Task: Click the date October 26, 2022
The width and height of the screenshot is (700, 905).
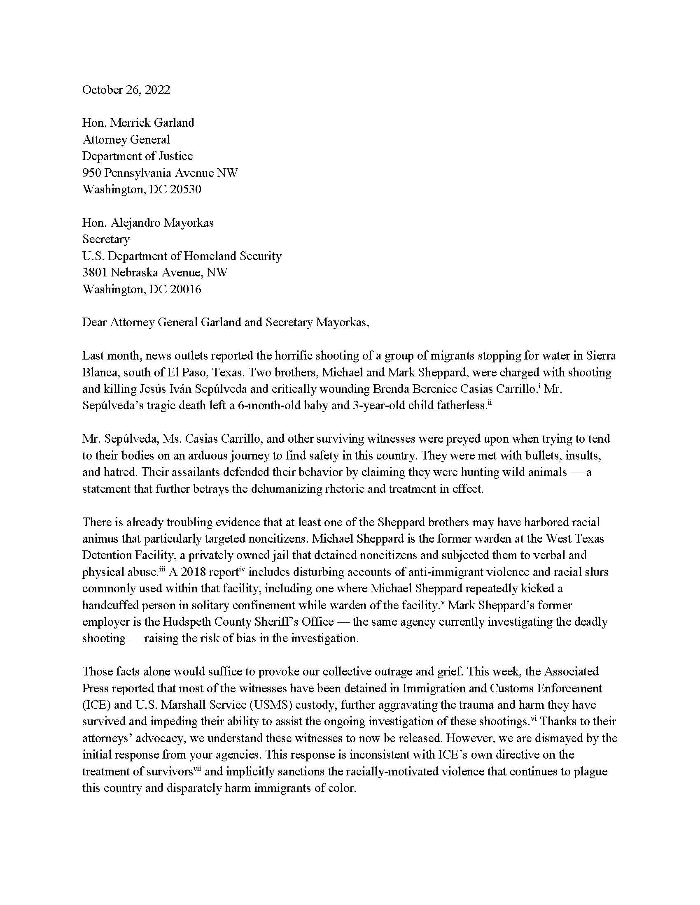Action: click(126, 90)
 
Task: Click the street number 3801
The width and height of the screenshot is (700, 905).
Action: click(95, 272)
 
